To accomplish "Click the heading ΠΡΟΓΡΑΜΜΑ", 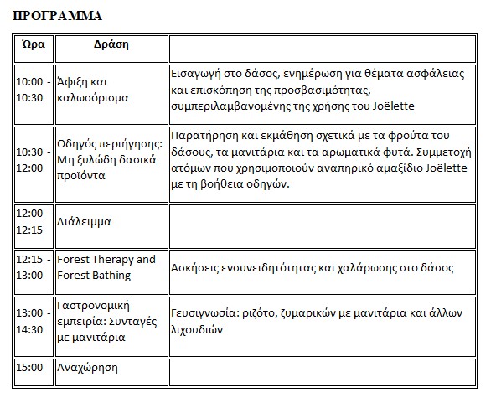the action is point(58,15).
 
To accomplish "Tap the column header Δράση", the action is point(111,44).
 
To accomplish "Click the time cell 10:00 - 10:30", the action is point(34,90).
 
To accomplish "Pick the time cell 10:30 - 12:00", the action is point(34,160).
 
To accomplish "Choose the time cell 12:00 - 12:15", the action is point(34,222).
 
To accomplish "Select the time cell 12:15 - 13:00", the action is point(34,267).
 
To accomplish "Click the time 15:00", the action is point(31,367).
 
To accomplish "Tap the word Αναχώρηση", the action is point(86,367).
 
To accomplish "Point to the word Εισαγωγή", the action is point(197,73).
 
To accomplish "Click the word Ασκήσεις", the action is point(196,268).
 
